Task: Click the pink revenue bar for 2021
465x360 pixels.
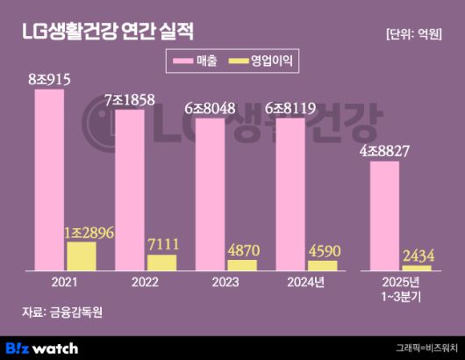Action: (x=49, y=180)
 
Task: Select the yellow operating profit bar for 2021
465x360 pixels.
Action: (x=82, y=256)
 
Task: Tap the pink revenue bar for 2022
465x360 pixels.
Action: (x=129, y=190)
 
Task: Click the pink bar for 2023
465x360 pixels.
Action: (x=210, y=194)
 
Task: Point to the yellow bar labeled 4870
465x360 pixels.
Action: (x=242, y=264)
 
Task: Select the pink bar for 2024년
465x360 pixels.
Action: (x=290, y=194)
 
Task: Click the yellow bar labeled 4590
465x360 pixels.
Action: (x=323, y=265)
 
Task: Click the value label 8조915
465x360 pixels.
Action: (x=49, y=80)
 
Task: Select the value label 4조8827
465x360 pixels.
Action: (x=387, y=151)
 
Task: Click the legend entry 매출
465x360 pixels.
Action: (x=197, y=61)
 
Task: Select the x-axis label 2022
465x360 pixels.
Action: (x=146, y=284)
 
